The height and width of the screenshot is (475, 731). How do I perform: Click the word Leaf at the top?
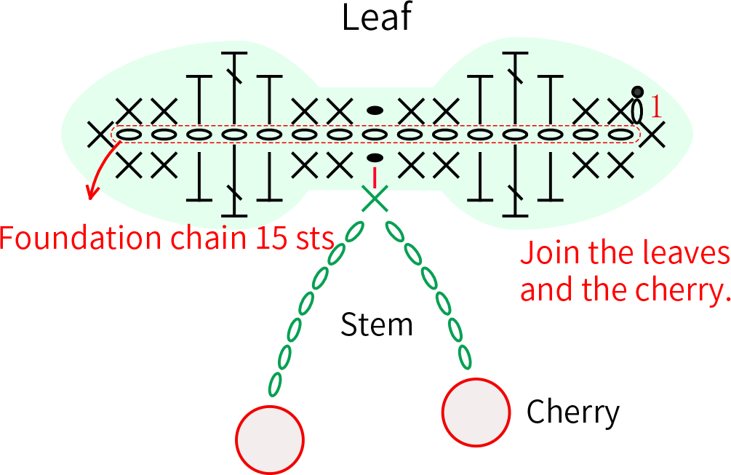pos(377,17)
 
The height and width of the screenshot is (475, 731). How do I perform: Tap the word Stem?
pos(377,324)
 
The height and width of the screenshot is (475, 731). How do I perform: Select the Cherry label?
pos(573,412)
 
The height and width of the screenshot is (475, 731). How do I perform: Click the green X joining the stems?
pos(375,199)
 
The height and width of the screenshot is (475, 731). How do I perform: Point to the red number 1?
pos(655,107)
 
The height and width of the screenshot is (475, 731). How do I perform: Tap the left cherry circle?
pos(270,439)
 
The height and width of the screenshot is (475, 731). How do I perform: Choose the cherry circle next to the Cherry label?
pos(476,412)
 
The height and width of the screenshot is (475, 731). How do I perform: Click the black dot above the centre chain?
pos(375,111)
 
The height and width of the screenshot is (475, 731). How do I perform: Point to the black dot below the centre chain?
pos(375,158)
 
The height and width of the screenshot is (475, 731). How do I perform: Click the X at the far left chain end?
pos(100,135)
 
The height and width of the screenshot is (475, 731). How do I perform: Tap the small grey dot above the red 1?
pos(637,92)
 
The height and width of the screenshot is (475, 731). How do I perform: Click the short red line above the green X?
pos(375,177)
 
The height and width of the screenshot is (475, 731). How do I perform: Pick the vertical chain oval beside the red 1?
pos(637,111)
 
